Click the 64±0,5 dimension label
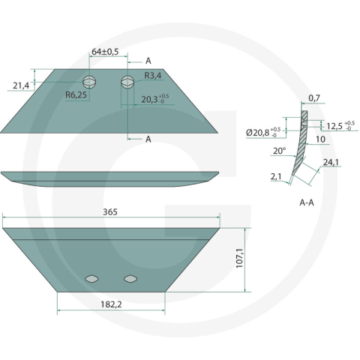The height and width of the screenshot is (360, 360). (x=105, y=52)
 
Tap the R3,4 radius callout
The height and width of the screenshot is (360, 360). (x=153, y=76)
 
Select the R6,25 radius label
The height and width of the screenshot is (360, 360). (x=76, y=94)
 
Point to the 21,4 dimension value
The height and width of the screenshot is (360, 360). (x=21, y=85)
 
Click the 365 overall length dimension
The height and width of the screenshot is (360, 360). (x=110, y=212)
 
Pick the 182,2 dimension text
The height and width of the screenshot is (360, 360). (x=111, y=304)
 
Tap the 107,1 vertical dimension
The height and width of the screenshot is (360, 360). (x=239, y=259)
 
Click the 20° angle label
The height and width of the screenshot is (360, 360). (x=280, y=151)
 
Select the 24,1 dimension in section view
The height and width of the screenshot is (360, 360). (x=331, y=163)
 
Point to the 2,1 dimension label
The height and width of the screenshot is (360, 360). (x=276, y=177)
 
